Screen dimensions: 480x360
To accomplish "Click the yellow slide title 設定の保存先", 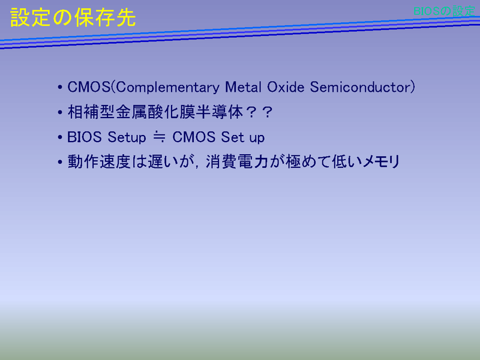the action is (73, 17).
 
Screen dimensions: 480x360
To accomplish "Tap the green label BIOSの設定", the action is (444, 11).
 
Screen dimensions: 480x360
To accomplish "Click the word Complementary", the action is (167, 88).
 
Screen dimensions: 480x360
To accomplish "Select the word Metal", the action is (244, 87).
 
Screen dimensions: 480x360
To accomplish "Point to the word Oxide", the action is (286, 87).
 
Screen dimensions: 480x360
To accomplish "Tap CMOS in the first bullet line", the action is (89, 87).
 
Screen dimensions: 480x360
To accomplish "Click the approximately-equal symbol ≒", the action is (159, 137).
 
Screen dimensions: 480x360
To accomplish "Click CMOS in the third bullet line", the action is (194, 137).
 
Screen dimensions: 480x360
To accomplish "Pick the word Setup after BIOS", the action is (127, 137).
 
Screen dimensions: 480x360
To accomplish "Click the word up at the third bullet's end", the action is (257, 138).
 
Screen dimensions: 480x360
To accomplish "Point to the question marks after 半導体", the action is (259, 112).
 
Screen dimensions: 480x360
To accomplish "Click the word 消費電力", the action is (237, 161).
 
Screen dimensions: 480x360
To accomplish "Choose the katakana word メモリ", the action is (381, 161).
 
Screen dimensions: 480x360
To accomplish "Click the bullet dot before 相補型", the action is (60, 112).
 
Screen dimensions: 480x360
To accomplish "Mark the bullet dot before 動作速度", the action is (60, 162).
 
